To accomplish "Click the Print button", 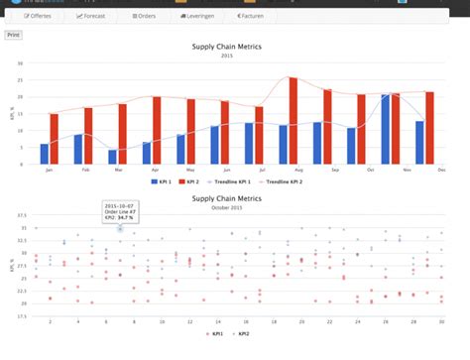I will click(x=13, y=35).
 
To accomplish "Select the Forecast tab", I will click(x=90, y=17).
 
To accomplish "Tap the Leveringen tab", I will click(x=197, y=17).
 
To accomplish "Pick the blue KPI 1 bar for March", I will click(x=112, y=157).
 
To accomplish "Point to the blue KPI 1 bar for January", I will click(x=44, y=154).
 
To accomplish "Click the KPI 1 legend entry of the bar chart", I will click(x=161, y=182).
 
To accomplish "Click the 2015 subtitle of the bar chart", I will click(x=235, y=56).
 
